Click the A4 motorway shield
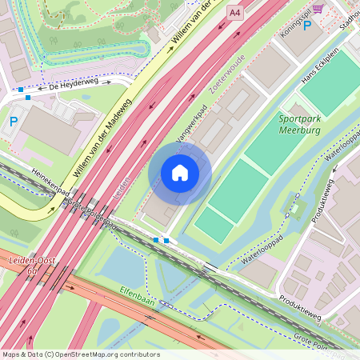(234, 12)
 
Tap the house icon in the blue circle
(180, 173)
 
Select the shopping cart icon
(318, 8)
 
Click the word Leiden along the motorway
(121, 189)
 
